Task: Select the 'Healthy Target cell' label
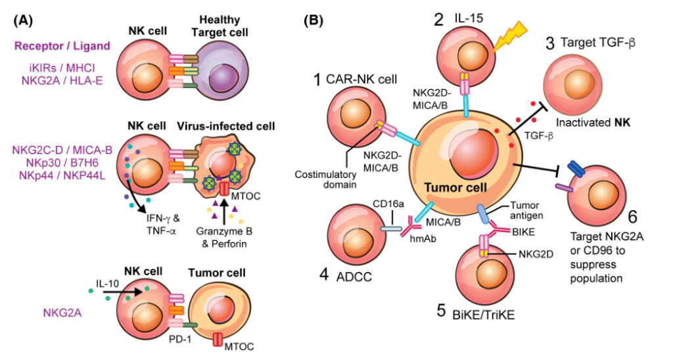[x=221, y=26]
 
